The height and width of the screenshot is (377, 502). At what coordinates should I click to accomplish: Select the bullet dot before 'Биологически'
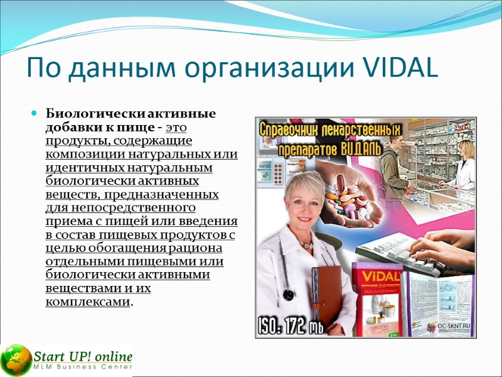(35, 114)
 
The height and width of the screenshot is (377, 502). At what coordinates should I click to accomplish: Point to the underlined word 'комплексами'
(88, 302)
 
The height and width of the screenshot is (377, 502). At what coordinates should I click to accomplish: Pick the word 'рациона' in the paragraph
(216, 248)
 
